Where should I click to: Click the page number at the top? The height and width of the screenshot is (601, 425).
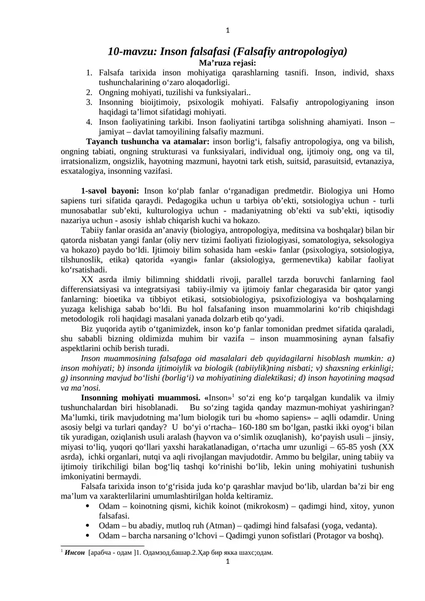[x=227, y=30]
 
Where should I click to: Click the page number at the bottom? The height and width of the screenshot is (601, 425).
[x=227, y=562]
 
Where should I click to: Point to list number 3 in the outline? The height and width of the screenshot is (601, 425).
[x=90, y=102]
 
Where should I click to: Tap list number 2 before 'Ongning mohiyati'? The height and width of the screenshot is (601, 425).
[x=90, y=92]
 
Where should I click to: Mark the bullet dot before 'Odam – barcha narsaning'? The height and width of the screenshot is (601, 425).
[x=87, y=535]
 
